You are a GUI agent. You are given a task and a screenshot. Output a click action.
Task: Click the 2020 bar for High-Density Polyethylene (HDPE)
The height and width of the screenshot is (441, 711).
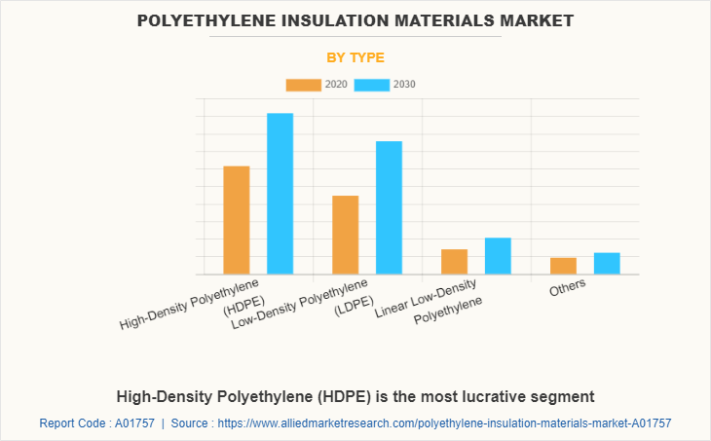point(237,220)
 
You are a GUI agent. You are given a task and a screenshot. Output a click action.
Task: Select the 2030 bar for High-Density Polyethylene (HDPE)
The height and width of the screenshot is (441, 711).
point(281,194)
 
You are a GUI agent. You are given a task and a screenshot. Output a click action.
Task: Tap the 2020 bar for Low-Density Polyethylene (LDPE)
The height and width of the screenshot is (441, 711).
point(346,235)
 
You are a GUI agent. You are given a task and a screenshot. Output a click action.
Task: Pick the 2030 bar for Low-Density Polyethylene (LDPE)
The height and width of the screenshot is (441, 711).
point(389,207)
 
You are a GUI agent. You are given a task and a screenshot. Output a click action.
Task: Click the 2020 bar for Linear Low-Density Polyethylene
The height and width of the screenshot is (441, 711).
point(454,262)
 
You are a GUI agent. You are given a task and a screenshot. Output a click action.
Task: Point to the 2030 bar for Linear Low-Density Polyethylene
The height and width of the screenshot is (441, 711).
point(498,256)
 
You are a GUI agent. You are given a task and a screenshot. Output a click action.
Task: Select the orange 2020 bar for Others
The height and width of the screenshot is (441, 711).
point(563,266)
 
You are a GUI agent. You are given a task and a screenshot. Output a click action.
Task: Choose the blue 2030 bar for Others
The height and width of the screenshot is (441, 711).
point(607,263)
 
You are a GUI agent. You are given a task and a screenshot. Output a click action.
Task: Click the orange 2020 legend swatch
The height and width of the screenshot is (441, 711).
point(303,85)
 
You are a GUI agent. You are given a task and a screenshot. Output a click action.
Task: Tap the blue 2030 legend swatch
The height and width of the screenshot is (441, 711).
point(371,85)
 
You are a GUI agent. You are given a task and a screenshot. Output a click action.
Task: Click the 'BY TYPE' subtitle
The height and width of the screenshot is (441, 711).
point(355,57)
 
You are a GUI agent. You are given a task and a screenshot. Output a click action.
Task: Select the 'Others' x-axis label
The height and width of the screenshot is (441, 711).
point(569,289)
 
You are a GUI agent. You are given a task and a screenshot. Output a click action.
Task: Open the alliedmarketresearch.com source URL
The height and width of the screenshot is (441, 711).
point(445,423)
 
